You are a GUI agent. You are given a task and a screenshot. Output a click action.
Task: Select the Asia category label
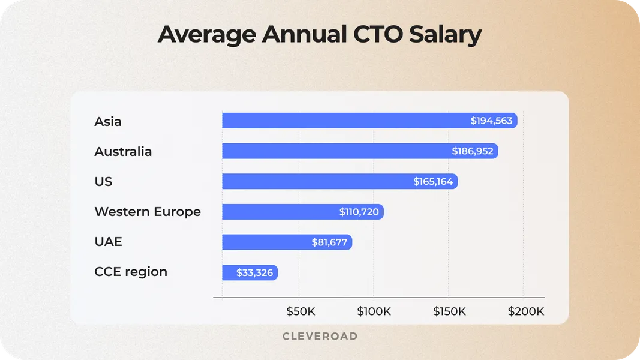click(x=108, y=121)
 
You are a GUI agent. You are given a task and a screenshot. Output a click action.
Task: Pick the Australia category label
click(x=123, y=151)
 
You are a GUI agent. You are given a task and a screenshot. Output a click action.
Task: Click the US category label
click(x=103, y=181)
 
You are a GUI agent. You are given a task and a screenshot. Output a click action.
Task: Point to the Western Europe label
click(x=148, y=211)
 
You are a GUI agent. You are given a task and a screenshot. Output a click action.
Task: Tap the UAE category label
click(x=108, y=241)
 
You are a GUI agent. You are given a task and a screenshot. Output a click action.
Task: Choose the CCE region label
click(x=131, y=272)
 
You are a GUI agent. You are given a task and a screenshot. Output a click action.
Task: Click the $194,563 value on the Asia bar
click(x=491, y=121)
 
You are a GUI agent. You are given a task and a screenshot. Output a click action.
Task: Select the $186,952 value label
click(x=473, y=151)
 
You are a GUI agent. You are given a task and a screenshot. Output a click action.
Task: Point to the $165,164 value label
click(x=433, y=181)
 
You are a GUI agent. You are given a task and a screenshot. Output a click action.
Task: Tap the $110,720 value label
click(x=359, y=212)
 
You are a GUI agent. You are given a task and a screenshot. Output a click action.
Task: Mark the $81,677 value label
click(x=329, y=242)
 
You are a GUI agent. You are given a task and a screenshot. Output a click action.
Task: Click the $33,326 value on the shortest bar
click(x=254, y=272)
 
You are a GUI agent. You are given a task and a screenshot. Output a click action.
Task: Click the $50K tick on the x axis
click(x=301, y=311)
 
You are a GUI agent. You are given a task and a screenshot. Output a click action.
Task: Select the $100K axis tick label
click(x=374, y=311)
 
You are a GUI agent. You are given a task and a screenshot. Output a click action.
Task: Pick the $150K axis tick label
click(x=449, y=311)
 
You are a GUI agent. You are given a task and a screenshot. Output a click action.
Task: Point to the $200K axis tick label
click(x=526, y=311)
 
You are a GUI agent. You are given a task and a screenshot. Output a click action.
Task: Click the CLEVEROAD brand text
click(x=320, y=336)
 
